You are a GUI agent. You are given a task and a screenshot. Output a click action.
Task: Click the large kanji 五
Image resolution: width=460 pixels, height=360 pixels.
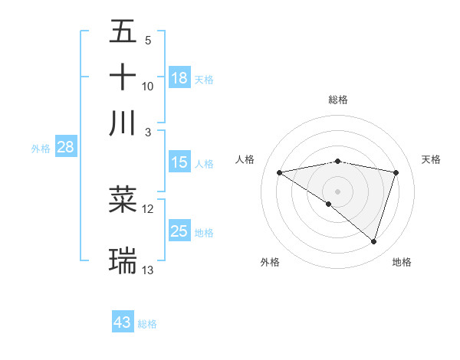pos(123,33)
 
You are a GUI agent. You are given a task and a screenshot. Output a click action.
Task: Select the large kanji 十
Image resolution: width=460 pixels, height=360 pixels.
pos(123,77)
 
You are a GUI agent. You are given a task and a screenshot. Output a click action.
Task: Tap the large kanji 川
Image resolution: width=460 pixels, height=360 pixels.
pos(123,123)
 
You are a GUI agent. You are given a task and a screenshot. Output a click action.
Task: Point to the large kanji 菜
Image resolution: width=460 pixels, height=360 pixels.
pos(123,200)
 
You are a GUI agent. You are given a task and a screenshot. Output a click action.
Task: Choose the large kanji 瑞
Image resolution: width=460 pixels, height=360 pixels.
pos(123,260)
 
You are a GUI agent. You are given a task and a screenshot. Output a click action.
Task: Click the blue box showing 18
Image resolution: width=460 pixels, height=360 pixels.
pos(179,78)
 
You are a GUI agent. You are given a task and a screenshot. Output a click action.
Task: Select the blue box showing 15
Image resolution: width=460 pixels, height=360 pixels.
pos(179,162)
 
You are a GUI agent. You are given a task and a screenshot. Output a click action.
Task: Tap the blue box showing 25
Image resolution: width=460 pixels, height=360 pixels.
pos(179,231)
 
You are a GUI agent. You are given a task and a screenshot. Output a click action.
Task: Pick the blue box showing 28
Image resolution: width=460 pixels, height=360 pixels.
pos(65,148)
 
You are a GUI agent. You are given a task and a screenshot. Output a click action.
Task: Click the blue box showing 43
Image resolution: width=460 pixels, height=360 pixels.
pos(123,322)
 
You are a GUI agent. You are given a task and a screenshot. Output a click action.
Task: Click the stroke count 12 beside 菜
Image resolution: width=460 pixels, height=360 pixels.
pos(148,208)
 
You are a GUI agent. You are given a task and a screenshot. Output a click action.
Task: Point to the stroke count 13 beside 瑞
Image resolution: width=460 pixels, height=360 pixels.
pos(148,270)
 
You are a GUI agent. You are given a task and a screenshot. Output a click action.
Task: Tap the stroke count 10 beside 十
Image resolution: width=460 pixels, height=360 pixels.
pos(148,86)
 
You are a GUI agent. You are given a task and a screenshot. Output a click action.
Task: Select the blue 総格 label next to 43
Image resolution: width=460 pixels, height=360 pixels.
pos(148,324)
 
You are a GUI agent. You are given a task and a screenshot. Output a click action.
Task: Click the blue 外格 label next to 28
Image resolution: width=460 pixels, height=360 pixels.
pos(41,149)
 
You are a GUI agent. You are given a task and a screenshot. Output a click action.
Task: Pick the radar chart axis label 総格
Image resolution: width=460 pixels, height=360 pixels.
pos(338,100)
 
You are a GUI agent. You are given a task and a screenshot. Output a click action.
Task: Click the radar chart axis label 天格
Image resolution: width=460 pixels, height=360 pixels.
pos(432,159)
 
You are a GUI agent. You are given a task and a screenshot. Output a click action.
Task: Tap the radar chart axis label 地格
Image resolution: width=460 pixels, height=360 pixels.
pos(402,262)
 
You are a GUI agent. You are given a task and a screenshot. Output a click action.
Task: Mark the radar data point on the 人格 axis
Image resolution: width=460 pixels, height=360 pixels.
pos(280,172)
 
